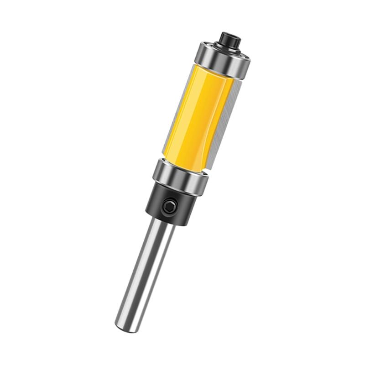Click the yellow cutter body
(x=196, y=114)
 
